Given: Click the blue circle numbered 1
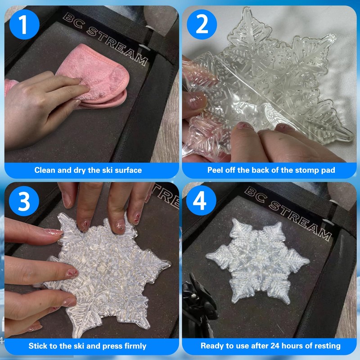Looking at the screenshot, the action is coord(24,24).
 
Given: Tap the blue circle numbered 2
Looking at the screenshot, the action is coord(202,24).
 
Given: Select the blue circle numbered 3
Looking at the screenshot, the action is coord(24,201).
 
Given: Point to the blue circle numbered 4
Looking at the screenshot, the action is coord(201,200).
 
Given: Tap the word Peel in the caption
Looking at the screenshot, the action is coord(216,170).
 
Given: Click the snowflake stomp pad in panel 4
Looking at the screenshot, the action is coord(258,261).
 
